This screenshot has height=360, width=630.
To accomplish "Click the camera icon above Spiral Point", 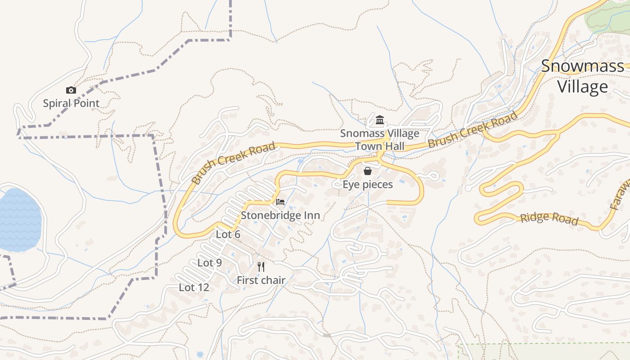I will (71, 90).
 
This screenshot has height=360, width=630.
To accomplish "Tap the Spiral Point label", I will (71, 103).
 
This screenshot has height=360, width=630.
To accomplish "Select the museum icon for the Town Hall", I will (380, 120).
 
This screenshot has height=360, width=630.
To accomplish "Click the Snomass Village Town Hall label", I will (380, 139).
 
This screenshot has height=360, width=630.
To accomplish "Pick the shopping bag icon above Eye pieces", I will (368, 171).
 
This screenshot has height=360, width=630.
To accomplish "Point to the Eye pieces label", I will (368, 184).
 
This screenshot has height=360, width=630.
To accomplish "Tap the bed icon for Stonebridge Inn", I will (280, 202).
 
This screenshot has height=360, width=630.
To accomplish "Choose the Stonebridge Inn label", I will (280, 215).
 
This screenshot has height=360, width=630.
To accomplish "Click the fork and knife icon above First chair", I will (261, 266).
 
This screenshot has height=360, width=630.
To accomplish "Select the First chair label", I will (261, 280).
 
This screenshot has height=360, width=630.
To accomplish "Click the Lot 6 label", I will (228, 234).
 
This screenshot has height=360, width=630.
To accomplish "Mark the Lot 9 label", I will (210, 263).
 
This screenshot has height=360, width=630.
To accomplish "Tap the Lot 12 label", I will (194, 287).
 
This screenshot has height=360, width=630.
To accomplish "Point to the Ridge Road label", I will (549, 218).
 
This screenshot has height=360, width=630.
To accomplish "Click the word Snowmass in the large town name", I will (583, 66).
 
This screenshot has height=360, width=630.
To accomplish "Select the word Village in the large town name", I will (583, 86).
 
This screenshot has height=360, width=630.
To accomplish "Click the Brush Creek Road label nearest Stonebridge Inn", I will (233, 163).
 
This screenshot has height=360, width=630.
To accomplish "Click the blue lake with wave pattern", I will (19, 220).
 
